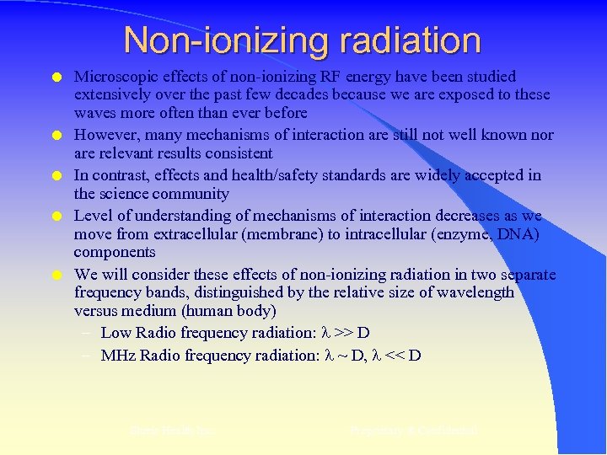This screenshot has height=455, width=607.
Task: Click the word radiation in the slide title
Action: coord(401,40)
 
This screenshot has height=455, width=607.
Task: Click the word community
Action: coord(193,194)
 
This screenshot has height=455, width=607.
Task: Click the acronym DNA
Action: coord(521,233)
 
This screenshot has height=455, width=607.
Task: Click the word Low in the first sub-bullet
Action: coord(116,332)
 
